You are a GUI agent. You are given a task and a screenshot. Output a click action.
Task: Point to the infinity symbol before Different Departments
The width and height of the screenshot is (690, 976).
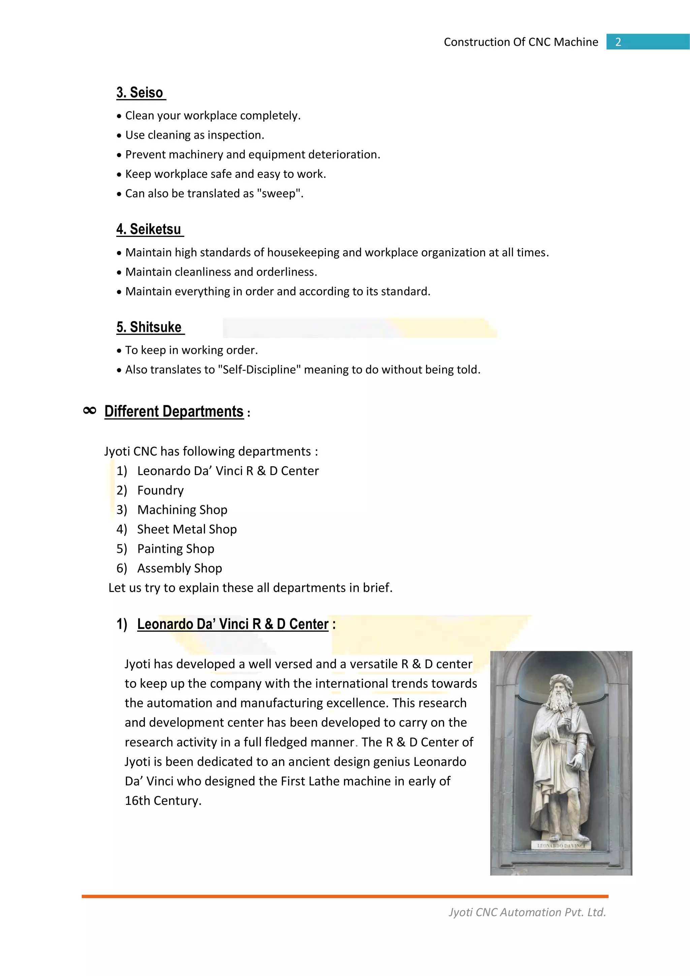point(90,411)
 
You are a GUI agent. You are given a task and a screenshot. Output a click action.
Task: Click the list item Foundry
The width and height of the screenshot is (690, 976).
point(160,490)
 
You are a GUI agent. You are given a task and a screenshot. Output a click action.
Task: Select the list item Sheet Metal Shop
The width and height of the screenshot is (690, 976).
point(187,529)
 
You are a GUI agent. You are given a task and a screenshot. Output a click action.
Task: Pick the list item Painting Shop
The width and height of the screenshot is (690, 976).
point(176,549)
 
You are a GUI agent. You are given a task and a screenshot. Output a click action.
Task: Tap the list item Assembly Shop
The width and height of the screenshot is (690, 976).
point(180,568)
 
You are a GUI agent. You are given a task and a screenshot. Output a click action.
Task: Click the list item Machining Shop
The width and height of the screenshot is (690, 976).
point(182,510)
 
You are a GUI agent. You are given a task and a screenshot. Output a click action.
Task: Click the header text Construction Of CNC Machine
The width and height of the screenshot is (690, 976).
point(521,42)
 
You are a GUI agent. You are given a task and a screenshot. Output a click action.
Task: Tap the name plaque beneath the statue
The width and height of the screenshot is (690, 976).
point(561,846)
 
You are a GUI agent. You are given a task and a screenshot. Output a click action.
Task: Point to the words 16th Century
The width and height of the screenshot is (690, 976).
point(162,801)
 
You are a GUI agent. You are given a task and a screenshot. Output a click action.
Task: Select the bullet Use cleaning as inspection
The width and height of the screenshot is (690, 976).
point(194,135)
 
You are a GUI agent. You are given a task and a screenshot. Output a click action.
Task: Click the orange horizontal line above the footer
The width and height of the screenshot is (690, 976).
point(345,896)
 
